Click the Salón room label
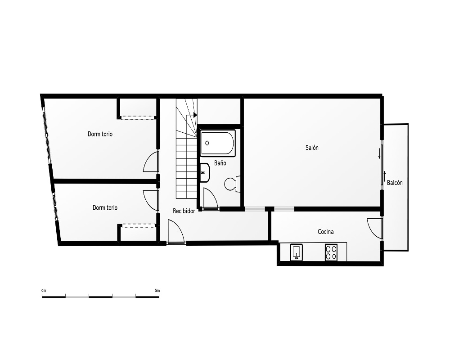click(x=312, y=148)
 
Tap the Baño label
click(x=220, y=163)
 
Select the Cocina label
click(x=326, y=232)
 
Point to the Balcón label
click(x=395, y=183)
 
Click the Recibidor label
click(x=184, y=211)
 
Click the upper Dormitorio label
click(x=100, y=134)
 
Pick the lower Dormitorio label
click(x=105, y=207)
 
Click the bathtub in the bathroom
click(x=218, y=143)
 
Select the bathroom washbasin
click(x=205, y=172)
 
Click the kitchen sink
click(x=297, y=252)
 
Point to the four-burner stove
click(x=331, y=252)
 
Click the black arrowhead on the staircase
click(x=195, y=115)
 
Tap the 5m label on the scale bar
click(x=157, y=291)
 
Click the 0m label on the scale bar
click(x=44, y=291)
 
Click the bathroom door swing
click(x=210, y=198)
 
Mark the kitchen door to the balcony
click(x=375, y=228)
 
